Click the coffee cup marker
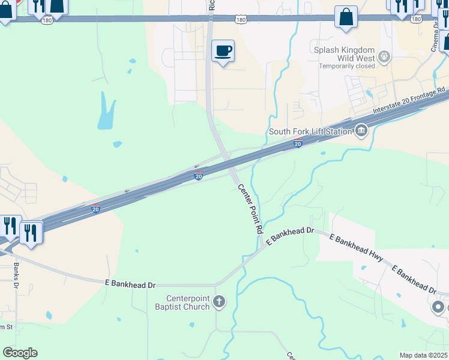pyautogui.click(x=223, y=52)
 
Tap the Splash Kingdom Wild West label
pyautogui.click(x=345, y=54)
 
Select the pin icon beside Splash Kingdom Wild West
pyautogui.click(x=384, y=58)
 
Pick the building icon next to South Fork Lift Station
pyautogui.click(x=361, y=131)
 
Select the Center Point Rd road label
pyautogui.click(x=251, y=209)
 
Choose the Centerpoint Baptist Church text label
pyautogui.click(x=188, y=303)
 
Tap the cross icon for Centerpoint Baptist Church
pyautogui.click(x=219, y=301)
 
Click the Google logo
pyautogui.click(x=20, y=353)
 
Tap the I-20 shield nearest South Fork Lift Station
pyautogui.click(x=298, y=143)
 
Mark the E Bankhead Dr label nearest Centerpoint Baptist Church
pyautogui.click(x=130, y=283)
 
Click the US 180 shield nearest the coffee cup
pyautogui.click(x=241, y=20)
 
